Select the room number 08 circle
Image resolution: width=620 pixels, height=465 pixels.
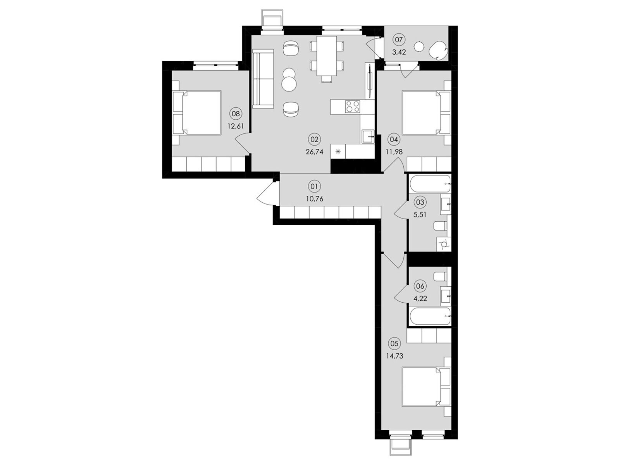pos(236,114)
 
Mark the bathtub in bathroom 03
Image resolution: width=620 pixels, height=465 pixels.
pos(429,184)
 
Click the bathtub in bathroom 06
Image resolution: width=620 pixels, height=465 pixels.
pos(429,317)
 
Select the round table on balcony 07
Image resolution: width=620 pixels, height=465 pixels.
pos(419,46)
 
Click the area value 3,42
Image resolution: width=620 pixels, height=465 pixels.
pos(399,52)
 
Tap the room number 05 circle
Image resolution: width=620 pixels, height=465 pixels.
pos(394,343)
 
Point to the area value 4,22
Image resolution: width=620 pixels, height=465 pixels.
pos(420,298)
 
